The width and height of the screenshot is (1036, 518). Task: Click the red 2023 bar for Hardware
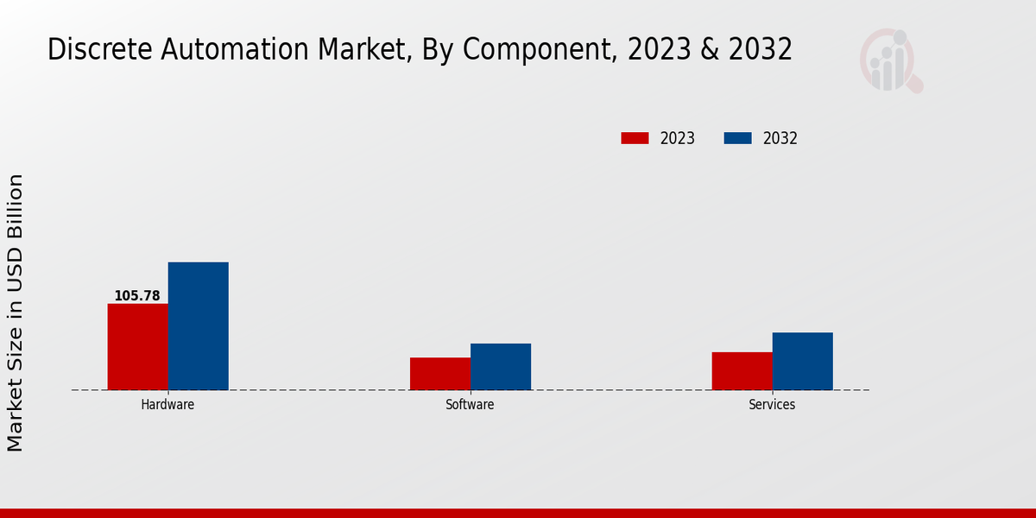[x=137, y=346]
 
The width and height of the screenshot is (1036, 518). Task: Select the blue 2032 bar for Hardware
[x=198, y=325]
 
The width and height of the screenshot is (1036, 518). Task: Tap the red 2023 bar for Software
[x=439, y=373]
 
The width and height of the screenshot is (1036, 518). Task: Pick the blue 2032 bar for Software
[x=500, y=366]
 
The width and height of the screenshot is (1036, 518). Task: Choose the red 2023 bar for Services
[x=742, y=370]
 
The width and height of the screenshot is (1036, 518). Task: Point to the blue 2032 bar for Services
[x=802, y=361]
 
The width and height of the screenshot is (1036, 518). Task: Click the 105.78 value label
[x=137, y=296]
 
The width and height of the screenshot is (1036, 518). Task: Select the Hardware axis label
[x=167, y=404]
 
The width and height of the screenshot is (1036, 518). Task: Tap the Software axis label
[x=470, y=404]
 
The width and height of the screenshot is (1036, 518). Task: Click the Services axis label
[x=772, y=404]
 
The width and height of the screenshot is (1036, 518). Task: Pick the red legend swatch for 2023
[x=635, y=138]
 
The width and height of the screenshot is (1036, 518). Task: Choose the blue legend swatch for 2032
[x=737, y=138]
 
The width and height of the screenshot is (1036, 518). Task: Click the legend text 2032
[x=780, y=138]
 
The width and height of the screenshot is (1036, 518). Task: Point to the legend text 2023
[x=678, y=138]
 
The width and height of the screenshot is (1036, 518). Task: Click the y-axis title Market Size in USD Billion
[x=16, y=313]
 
